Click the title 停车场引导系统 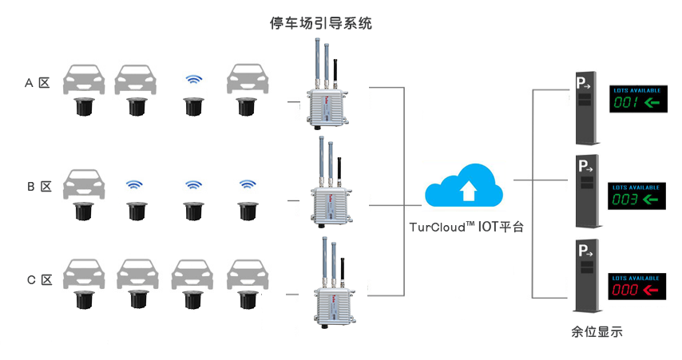click(321, 24)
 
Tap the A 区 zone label click(38, 82)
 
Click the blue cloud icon click(466, 186)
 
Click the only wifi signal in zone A click(192, 80)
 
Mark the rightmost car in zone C click(245, 275)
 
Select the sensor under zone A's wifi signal click(192, 106)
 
